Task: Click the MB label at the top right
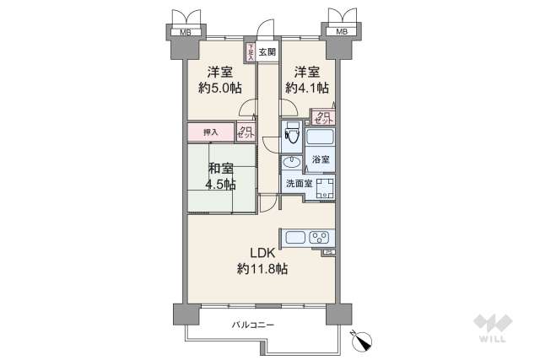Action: tap(342, 33)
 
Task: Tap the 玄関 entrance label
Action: tap(267, 52)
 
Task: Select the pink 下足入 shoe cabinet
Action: tap(251, 52)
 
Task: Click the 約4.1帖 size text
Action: tap(306, 88)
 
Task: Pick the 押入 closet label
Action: tap(210, 132)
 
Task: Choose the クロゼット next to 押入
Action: tap(245, 132)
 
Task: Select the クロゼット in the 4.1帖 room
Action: tap(323, 117)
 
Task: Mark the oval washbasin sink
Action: tap(293, 163)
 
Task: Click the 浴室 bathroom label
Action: tap(320, 159)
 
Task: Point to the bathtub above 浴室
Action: tap(320, 137)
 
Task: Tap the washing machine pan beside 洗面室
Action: tap(323, 187)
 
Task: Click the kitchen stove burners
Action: tap(320, 238)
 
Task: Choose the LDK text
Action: tap(261, 251)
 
